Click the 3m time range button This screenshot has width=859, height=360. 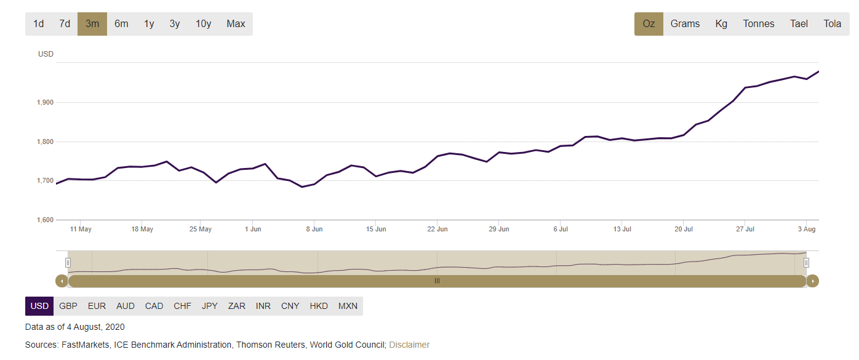[92, 24]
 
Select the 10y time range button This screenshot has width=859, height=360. [203, 24]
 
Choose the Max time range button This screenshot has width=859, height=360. [236, 24]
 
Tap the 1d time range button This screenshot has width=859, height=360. [39, 24]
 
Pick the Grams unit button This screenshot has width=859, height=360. [685, 24]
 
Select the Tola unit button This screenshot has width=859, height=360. [832, 24]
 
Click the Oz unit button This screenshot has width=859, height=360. [649, 24]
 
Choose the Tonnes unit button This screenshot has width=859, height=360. [759, 24]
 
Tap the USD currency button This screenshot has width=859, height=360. [39, 306]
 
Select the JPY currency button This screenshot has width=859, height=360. [210, 306]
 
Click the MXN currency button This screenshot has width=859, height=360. [348, 306]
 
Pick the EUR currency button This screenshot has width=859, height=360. [97, 306]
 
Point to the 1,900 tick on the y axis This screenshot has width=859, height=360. [46, 102]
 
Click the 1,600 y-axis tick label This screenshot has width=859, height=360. [46, 220]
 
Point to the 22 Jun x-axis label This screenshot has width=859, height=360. [437, 230]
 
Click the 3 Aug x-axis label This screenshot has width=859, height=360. [807, 230]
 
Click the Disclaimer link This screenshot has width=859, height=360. [409, 345]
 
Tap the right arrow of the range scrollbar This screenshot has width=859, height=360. [813, 281]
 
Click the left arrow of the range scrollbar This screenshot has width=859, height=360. [62, 281]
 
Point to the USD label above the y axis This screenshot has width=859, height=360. [46, 54]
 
